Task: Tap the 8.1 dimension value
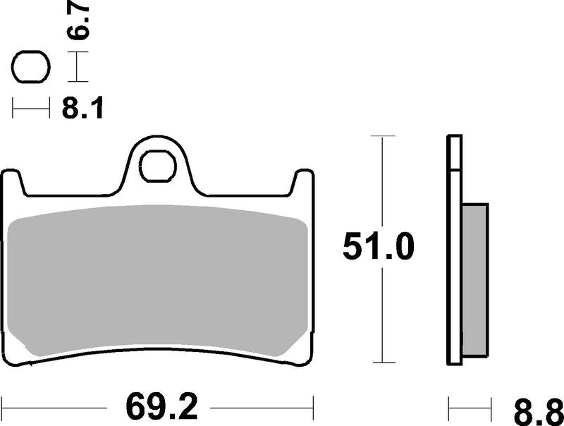pos(82,109)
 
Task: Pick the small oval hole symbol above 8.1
pos(30,69)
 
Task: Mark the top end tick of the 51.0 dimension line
pos(381,135)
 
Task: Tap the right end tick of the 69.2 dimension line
pos(313,406)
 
